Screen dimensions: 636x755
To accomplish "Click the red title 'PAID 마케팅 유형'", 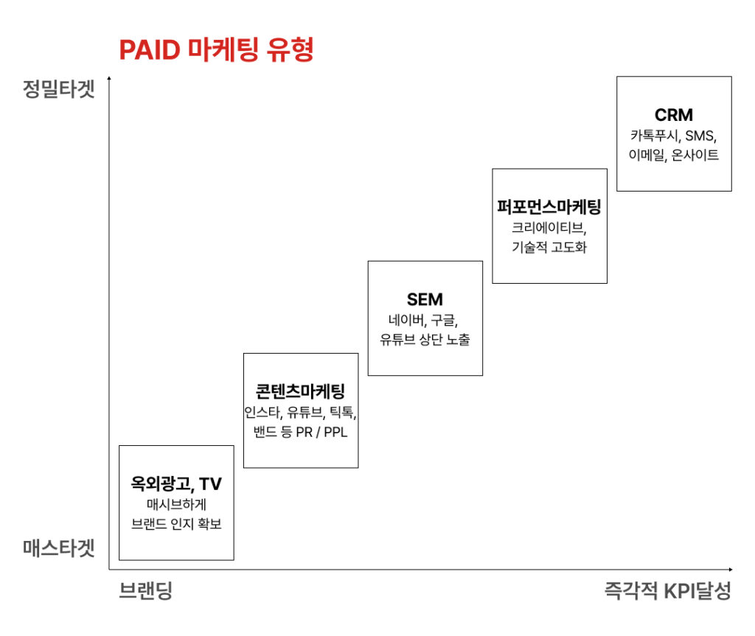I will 217,51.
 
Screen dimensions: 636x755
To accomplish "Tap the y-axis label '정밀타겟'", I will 59,93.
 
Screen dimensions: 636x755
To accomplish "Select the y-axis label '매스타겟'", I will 59,549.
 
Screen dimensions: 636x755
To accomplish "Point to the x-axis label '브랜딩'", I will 146,591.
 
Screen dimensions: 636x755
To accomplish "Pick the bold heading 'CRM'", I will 674,115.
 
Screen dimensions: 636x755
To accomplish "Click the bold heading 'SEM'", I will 425,299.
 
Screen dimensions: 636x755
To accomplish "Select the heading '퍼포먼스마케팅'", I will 549,207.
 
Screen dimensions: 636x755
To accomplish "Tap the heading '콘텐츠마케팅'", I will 300,391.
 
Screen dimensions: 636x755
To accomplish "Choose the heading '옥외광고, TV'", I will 176,484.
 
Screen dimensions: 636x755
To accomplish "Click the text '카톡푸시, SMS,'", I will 674,136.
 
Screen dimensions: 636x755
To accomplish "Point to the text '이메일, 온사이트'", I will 674,155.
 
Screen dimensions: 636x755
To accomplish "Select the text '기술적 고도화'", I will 549,248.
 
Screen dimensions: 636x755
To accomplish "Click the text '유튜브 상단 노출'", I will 425,340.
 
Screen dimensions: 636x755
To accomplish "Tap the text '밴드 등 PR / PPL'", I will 300,432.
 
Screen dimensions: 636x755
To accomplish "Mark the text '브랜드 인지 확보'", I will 176,524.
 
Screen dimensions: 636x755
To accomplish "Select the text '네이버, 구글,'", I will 425,320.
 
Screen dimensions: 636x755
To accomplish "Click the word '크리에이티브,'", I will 549,228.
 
